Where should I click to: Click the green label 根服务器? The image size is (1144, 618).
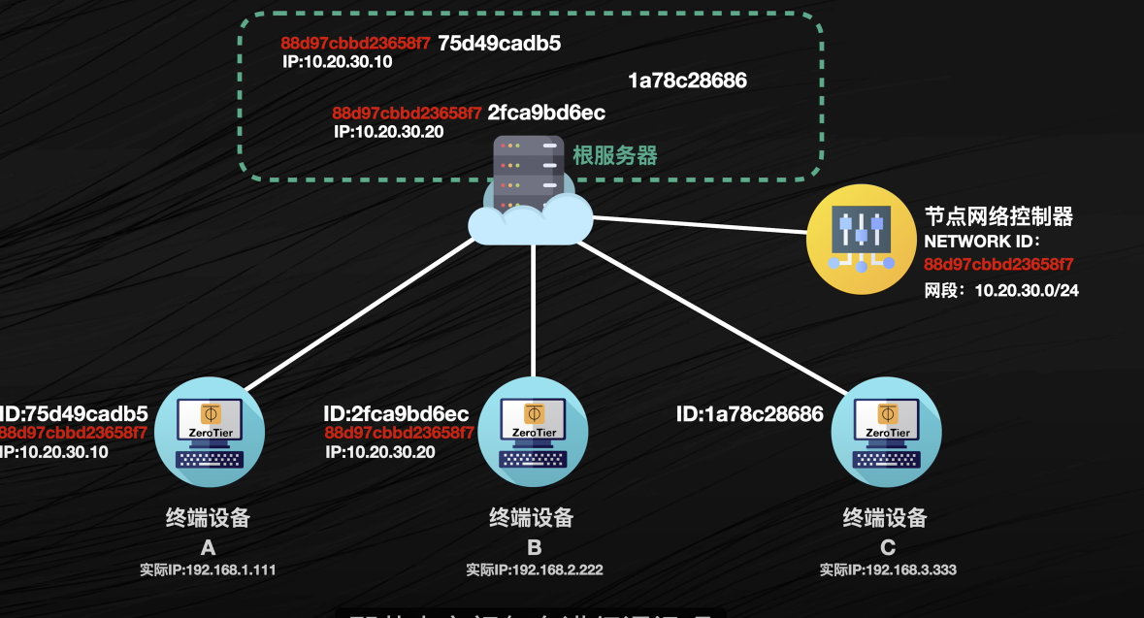click(x=615, y=155)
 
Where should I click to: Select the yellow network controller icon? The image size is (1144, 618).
click(x=861, y=239)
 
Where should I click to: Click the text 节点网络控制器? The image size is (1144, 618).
click(x=998, y=216)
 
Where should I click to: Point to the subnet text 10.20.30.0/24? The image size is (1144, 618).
click(x=1026, y=290)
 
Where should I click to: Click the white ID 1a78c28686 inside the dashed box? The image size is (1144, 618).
click(x=687, y=81)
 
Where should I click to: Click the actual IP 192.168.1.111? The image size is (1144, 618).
click(x=208, y=570)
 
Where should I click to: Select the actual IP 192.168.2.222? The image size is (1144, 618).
click(x=534, y=570)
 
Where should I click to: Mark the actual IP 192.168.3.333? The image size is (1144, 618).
click(x=888, y=570)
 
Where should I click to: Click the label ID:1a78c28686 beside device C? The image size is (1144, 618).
click(x=749, y=415)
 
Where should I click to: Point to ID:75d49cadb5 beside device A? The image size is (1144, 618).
click(x=74, y=414)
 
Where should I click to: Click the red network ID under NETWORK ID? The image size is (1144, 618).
click(x=998, y=264)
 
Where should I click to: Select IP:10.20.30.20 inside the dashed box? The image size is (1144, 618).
click(x=388, y=132)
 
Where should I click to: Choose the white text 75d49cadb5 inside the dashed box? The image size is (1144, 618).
click(x=500, y=44)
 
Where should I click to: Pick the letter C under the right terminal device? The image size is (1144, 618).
click(x=886, y=547)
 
